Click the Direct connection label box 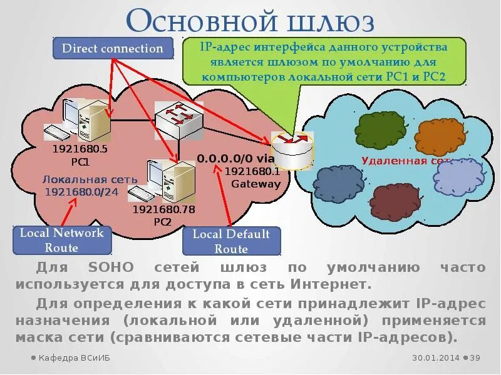[112, 49]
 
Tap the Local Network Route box [61, 240]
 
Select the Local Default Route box [231, 241]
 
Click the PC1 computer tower [94, 121]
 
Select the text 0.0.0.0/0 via [232, 159]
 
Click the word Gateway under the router [256, 184]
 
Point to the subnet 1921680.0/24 [81, 191]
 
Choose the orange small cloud [438, 134]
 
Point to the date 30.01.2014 [435, 358]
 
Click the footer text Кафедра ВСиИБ [68, 358]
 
